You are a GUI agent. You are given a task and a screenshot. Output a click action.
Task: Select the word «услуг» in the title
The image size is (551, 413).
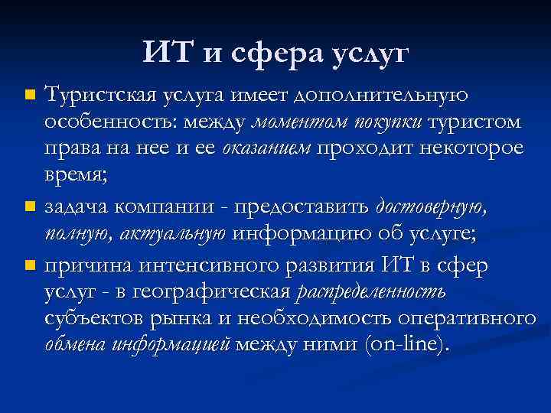pos(370,54)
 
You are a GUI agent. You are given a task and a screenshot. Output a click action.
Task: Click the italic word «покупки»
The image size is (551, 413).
pos(386,122)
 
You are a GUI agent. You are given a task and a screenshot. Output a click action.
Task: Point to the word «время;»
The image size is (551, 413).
pos(77,175)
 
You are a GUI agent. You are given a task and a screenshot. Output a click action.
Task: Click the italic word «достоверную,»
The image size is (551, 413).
pos(431,206)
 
